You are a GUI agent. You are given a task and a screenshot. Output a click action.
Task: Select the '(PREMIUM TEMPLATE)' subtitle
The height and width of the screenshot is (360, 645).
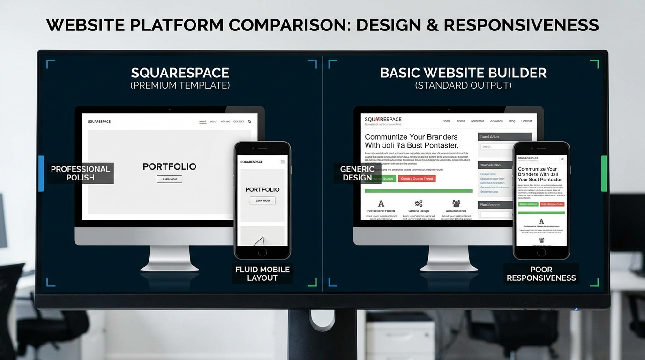coord(180,85)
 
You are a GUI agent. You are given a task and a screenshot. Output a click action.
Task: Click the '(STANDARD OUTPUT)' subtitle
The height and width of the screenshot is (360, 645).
coord(463,85)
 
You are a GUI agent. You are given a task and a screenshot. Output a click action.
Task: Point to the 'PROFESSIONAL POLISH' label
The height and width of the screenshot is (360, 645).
coord(81,173)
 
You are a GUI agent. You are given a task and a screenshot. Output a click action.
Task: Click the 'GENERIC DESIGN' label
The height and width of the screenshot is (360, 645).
coord(357,173)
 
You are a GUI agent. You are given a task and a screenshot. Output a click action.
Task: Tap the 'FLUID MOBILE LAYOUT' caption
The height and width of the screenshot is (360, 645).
coord(262,274)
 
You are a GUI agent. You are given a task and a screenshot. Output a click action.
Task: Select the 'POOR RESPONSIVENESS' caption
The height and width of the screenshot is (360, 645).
coord(541,274)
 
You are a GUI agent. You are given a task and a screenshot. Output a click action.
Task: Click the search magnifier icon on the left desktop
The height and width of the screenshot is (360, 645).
coord(250,122)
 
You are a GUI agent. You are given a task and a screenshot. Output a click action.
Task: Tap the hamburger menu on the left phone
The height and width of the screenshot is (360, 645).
coord(282,162)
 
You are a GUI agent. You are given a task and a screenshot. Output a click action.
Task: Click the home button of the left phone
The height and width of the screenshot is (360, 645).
coord(262,252)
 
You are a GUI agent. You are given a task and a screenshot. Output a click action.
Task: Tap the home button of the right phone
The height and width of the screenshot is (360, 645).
coord(541,252)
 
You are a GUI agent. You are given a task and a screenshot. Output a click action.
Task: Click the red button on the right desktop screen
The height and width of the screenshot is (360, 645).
coord(417,179)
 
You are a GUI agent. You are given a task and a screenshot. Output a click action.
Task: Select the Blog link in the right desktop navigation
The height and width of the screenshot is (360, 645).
coord(512,121)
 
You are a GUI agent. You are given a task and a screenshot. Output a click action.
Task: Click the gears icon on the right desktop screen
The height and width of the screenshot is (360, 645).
coord(419,203)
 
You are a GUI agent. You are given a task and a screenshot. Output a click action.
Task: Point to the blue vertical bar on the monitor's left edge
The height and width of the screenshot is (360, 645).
coord(41,173)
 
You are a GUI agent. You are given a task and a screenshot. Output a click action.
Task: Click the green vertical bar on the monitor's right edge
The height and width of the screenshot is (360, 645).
coord(604,173)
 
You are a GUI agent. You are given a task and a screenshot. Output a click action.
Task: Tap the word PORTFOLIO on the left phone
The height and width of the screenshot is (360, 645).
coord(262,189)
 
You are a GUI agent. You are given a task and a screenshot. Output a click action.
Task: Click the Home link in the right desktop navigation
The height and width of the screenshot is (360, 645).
coord(446,121)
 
